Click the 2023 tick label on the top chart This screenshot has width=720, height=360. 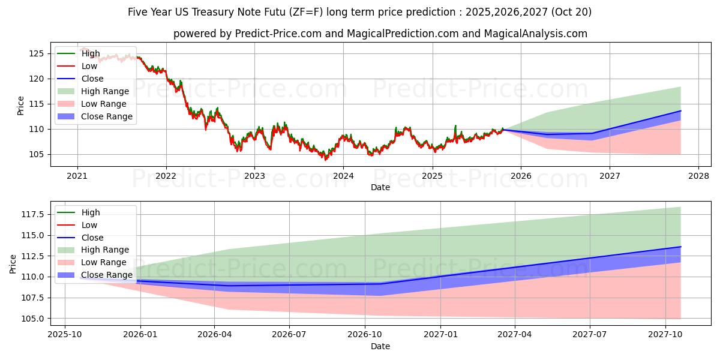coord(254,176)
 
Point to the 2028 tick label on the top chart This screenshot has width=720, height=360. coord(698,176)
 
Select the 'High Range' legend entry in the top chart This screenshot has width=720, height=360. coord(104,91)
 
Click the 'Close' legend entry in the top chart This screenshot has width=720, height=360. coord(92,79)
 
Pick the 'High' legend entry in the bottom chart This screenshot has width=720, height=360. coord(90,212)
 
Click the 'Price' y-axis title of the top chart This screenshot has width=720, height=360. coord(21,105)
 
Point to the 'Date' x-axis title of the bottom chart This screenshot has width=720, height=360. coord(380,346)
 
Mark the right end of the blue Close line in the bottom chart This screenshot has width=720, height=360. coord(680,247)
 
